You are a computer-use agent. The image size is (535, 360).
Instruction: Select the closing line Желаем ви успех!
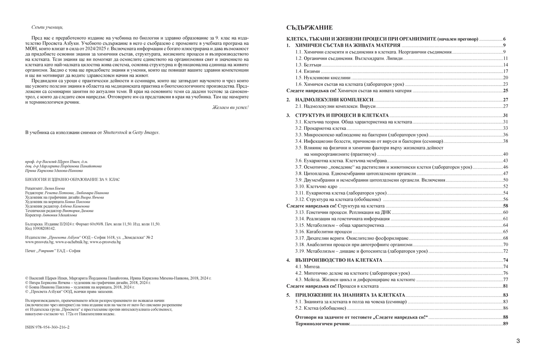pyautogui.click(x=230, y=108)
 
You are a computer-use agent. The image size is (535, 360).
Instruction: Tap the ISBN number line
pyautogui.click(x=47, y=327)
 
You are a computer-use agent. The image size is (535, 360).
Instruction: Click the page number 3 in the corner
pyautogui.click(x=518, y=341)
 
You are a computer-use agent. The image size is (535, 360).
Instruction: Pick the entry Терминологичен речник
pyautogui.click(x=322, y=323)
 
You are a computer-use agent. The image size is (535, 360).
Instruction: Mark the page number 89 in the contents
pyautogui.click(x=505, y=323)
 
